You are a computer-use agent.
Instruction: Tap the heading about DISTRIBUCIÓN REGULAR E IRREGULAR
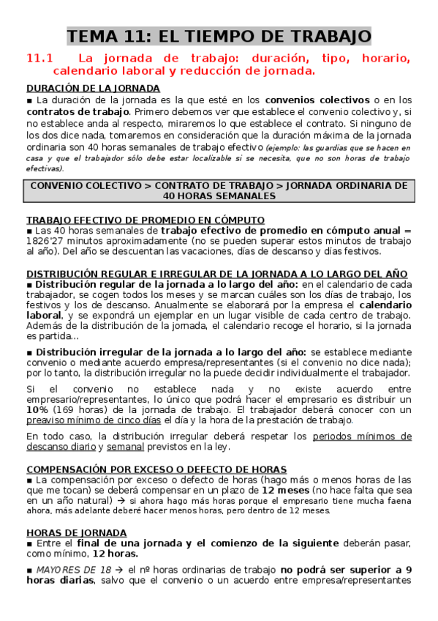[x=216, y=273]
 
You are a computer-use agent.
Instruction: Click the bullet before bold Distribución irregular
[x=29, y=332]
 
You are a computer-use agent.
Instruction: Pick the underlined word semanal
[x=126, y=447]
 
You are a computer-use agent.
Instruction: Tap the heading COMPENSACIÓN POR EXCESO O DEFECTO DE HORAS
[x=156, y=469]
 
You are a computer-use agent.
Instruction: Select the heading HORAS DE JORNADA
[x=76, y=532]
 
